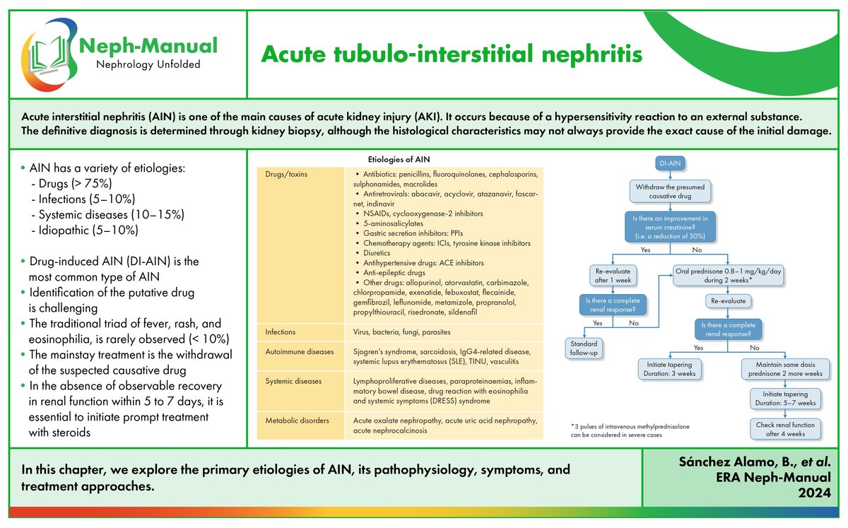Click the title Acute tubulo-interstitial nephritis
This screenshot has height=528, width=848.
[452, 54]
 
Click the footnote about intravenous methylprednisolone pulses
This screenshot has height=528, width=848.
[630, 431]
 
